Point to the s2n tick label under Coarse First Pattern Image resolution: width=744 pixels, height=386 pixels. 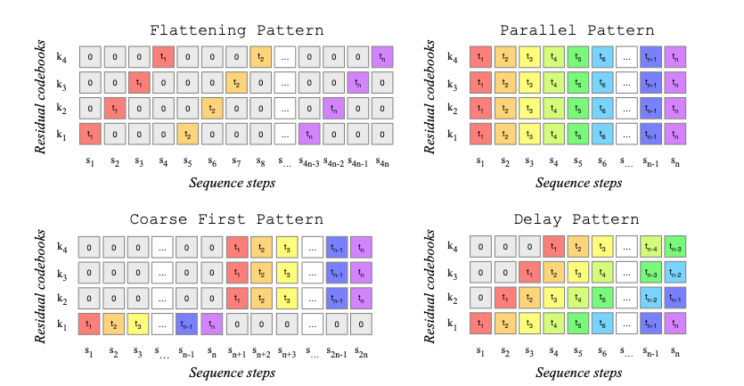click(361, 351)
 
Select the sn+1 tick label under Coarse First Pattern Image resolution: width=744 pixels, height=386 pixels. click(238, 351)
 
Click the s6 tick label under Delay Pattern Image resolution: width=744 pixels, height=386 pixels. click(602, 351)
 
